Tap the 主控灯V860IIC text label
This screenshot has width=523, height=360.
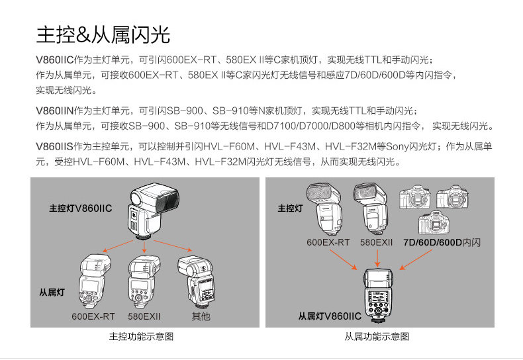click(x=81, y=208)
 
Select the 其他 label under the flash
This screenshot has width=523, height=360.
click(x=201, y=316)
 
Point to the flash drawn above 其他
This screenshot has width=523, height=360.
click(x=199, y=281)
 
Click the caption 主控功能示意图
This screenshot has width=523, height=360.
click(x=141, y=337)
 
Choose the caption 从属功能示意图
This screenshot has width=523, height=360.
click(x=376, y=337)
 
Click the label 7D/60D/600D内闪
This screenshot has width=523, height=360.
click(x=442, y=243)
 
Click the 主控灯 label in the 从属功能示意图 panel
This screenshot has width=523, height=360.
click(x=290, y=208)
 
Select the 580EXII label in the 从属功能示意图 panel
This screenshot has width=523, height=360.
click(x=377, y=243)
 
